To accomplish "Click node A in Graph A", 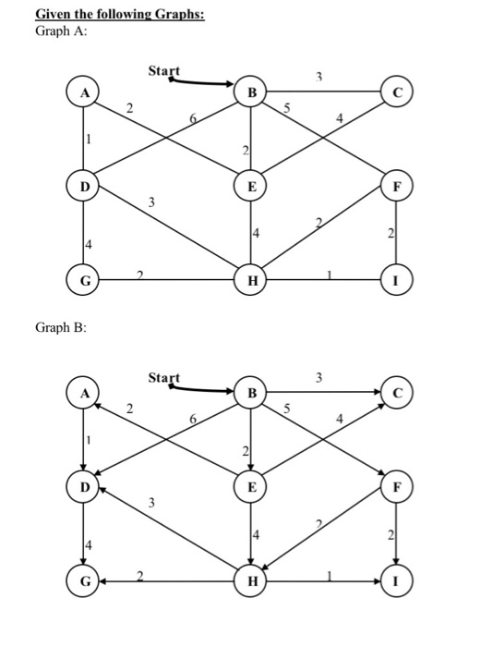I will [84, 92].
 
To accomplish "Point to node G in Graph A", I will [84, 278].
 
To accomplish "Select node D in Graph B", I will [84, 487].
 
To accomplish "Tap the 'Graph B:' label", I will [60, 327].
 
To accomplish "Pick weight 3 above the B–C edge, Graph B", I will [319, 377].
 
